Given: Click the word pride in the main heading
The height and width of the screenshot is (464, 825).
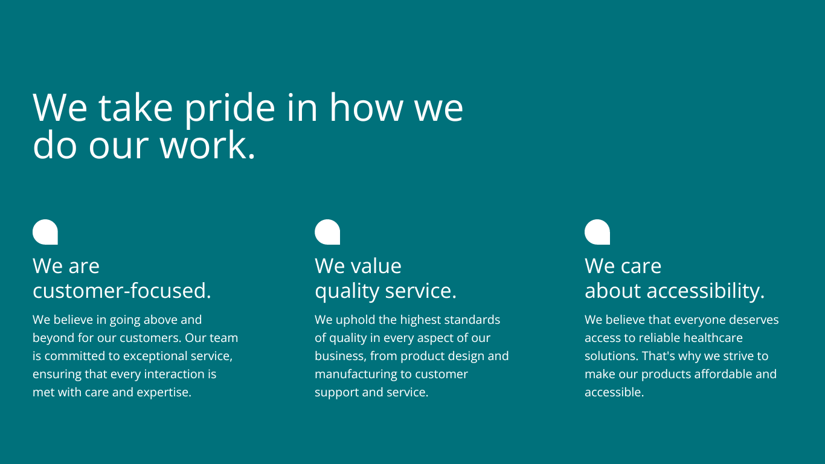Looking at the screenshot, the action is [x=230, y=109].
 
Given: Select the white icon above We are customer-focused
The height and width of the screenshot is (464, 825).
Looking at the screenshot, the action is [x=45, y=232].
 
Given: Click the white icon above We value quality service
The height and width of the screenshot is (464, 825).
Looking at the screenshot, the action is [x=327, y=232].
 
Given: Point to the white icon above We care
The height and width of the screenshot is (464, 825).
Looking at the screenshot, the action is [x=597, y=232].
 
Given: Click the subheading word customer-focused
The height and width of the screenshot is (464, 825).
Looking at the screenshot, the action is [x=122, y=291].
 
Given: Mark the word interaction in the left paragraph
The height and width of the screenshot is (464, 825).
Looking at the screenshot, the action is [x=175, y=374].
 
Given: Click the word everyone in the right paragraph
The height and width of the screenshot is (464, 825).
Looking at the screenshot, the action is [x=696, y=320].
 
